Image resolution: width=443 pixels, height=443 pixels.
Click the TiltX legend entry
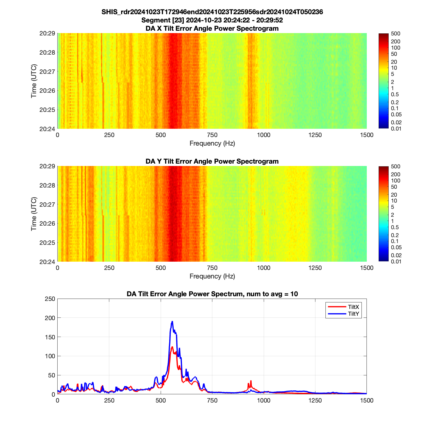[353, 307]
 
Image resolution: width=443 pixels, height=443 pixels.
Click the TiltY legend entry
[353, 314]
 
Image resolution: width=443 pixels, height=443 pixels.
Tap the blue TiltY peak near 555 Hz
[172, 322]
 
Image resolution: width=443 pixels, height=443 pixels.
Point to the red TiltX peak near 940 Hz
[251, 381]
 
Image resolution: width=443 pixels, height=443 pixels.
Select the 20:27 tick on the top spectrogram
[47, 71]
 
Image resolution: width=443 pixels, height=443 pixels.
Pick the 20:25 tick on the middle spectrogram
[47, 243]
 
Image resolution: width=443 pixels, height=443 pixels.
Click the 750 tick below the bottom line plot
[212, 400]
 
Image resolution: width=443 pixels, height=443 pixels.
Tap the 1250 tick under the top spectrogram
[315, 135]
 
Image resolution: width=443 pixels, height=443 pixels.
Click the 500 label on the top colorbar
[395, 34]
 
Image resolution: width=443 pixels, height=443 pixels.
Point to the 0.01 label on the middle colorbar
[396, 261]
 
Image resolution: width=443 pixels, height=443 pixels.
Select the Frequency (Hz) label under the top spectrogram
[212, 144]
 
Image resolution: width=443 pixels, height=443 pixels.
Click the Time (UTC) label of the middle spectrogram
[34, 214]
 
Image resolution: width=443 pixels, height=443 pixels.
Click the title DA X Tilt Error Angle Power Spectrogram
[212, 28]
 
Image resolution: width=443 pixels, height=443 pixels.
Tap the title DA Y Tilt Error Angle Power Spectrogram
[212, 161]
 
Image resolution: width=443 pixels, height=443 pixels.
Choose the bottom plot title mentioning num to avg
[212, 294]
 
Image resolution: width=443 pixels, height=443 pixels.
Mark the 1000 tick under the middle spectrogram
[263, 268]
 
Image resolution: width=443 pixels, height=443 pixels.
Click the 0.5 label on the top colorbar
[395, 95]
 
